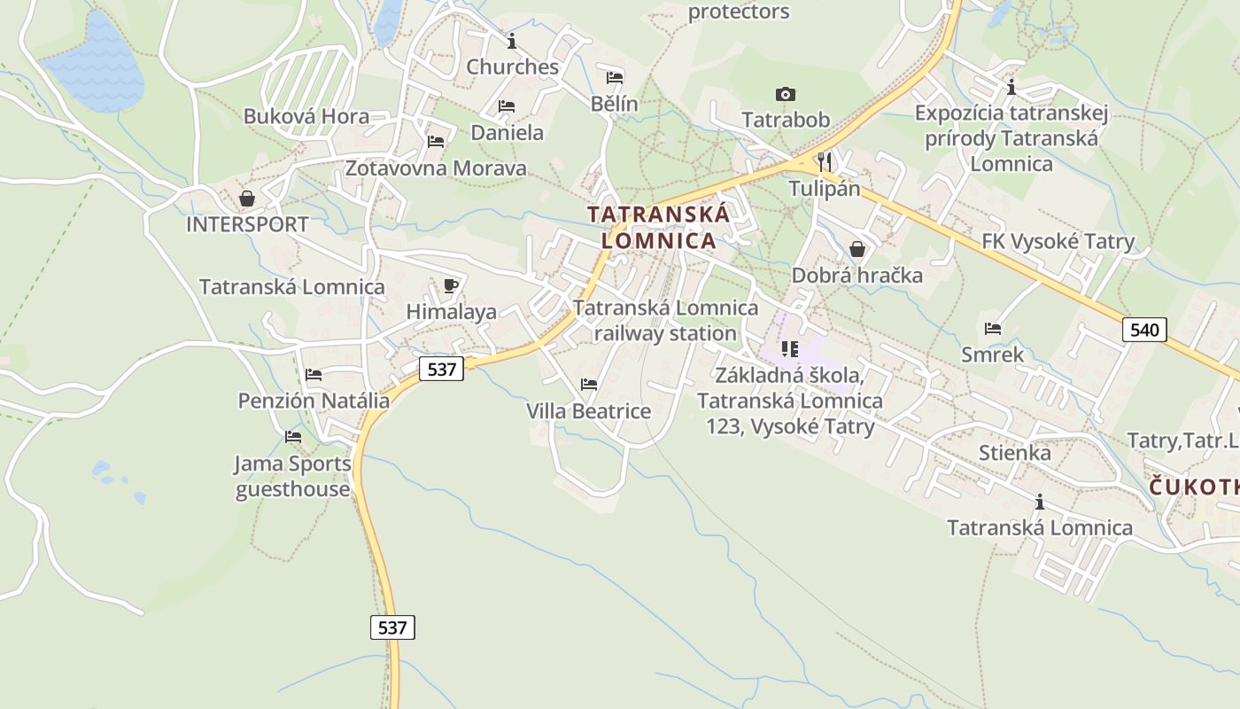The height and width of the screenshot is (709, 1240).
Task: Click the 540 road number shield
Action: [x=1144, y=331]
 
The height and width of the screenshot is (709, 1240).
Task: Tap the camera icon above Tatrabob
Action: [x=785, y=94]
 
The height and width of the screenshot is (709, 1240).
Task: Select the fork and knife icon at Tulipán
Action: [x=825, y=161]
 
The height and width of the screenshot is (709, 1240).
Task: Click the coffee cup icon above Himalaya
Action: [x=451, y=285]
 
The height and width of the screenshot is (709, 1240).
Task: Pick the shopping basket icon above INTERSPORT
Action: [x=247, y=199]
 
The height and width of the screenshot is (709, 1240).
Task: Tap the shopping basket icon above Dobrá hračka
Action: [x=856, y=249]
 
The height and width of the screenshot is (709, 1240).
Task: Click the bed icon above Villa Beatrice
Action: [x=588, y=385]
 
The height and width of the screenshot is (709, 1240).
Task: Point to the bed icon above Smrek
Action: [x=993, y=329]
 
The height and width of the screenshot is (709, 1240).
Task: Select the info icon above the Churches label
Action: [x=511, y=41]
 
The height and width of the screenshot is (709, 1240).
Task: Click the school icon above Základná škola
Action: [x=789, y=349]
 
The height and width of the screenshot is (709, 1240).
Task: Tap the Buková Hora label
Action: [x=306, y=116]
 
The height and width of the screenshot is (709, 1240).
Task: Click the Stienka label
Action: [x=1015, y=453]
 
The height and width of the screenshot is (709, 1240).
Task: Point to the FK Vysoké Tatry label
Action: [x=1058, y=242]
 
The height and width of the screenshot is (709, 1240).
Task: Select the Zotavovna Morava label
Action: [x=436, y=168]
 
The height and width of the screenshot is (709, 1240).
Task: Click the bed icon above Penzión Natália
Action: [x=313, y=375]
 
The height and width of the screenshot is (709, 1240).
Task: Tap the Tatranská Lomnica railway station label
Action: [x=665, y=320]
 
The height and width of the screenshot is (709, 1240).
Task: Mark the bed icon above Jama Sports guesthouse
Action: [x=293, y=437]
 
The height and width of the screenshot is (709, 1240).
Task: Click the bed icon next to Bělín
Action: [x=615, y=78]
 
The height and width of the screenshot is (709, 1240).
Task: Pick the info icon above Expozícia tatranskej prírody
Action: [x=1011, y=87]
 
